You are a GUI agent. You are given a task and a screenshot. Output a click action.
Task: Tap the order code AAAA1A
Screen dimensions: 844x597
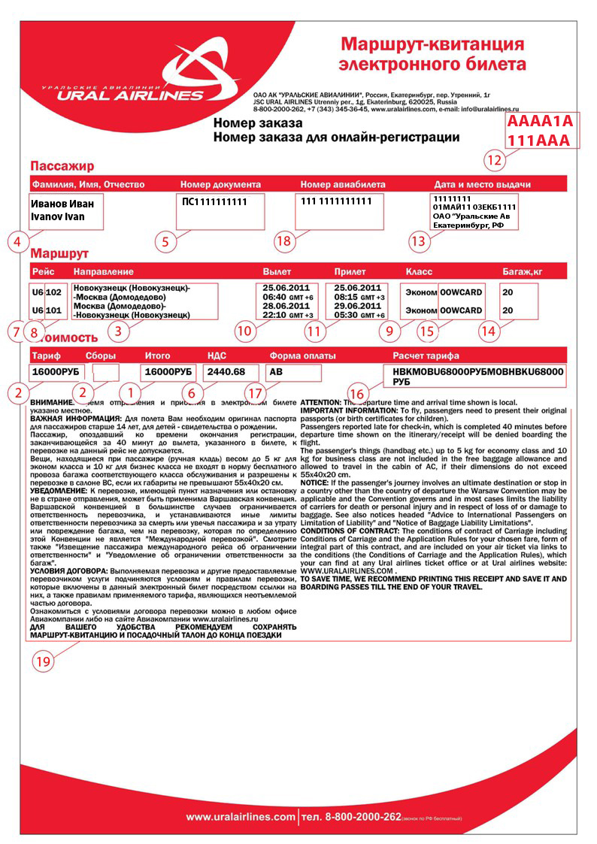click(x=540, y=121)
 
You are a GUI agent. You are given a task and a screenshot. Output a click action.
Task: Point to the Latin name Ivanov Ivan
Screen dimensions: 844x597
click(x=57, y=216)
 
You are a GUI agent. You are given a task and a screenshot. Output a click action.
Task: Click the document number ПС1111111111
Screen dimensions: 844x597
click(x=214, y=202)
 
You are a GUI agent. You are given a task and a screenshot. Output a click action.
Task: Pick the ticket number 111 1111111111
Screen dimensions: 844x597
click(x=336, y=201)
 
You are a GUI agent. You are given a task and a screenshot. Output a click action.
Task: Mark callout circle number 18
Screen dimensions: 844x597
click(x=283, y=241)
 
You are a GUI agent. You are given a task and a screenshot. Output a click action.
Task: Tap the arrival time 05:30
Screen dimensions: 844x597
click(x=348, y=316)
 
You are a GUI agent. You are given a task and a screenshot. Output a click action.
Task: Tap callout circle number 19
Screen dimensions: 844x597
click(x=44, y=661)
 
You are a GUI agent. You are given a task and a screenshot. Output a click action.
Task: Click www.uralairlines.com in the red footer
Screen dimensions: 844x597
click(x=241, y=816)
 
